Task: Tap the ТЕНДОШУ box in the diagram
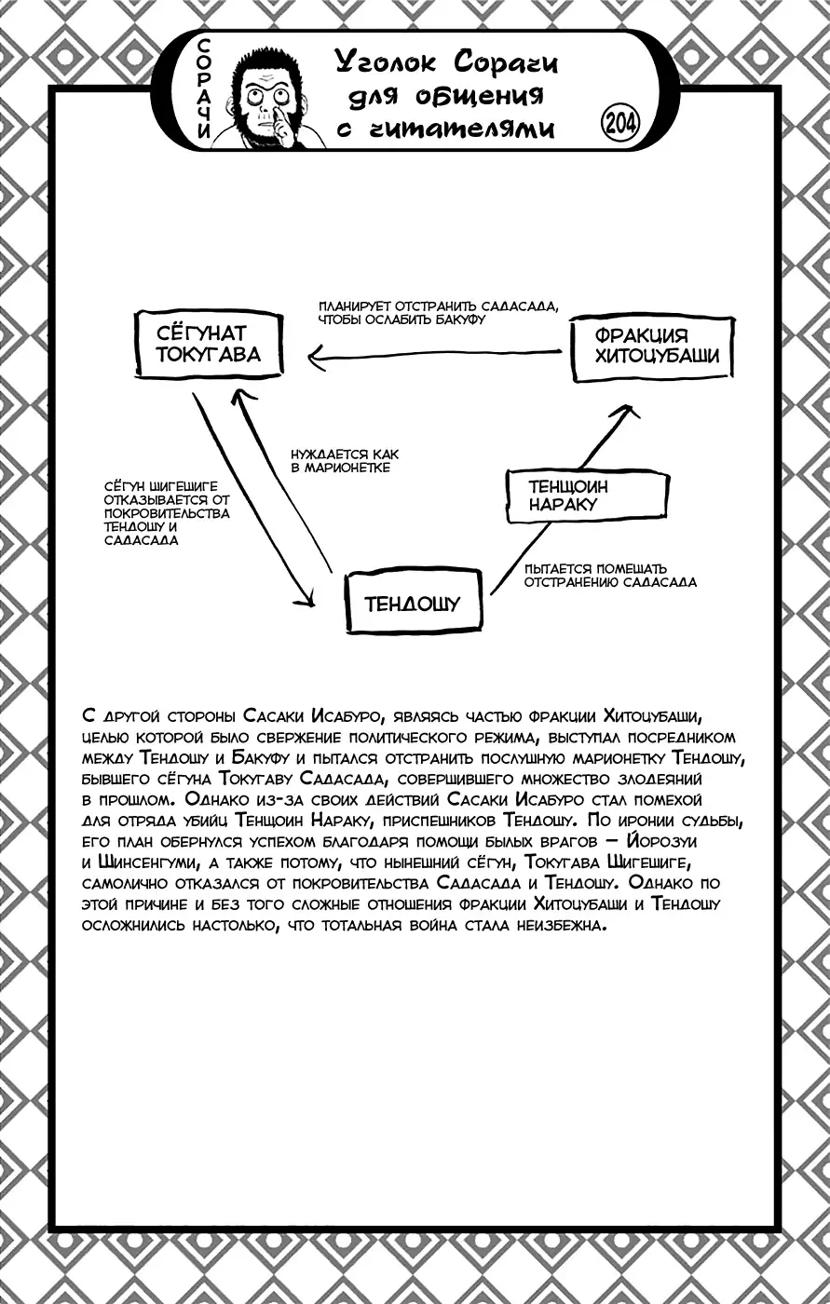pyautogui.click(x=413, y=604)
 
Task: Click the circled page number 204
pyautogui.click(x=620, y=123)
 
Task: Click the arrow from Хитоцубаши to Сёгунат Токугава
pyautogui.click(x=438, y=354)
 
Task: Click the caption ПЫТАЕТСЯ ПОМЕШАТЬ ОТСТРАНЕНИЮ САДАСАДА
pyautogui.click(x=610, y=575)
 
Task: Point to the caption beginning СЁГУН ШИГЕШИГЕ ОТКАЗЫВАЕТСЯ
pyautogui.click(x=168, y=513)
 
